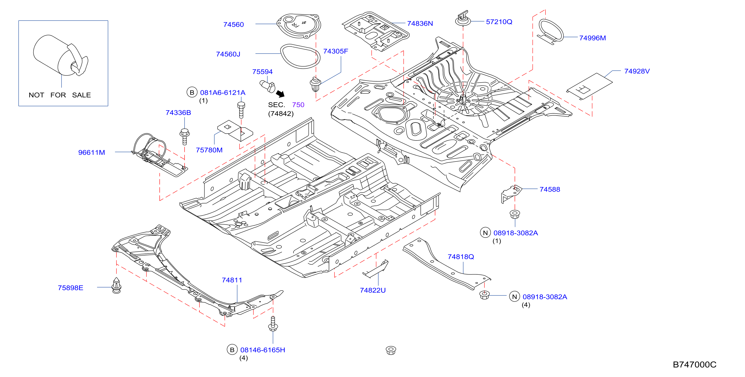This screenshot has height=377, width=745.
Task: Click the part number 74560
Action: [x=233, y=25]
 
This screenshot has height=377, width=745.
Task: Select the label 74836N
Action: [x=420, y=23]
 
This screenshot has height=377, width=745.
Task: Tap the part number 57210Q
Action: [x=499, y=22]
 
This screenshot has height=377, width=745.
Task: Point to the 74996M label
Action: [x=592, y=38]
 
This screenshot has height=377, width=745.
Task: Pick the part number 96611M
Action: [x=92, y=152]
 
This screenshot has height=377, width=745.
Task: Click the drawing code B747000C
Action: [x=694, y=364]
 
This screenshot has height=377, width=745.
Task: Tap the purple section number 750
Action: [x=298, y=105]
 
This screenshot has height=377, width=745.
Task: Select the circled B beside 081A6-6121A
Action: [x=192, y=92]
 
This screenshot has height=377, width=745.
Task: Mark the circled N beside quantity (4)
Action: [x=514, y=297]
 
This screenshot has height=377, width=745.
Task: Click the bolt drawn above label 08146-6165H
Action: [x=273, y=323]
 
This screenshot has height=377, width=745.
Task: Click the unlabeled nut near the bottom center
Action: [x=391, y=350]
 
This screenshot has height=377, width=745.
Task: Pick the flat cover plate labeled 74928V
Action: [x=589, y=86]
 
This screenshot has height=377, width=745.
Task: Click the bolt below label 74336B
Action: [x=185, y=137]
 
